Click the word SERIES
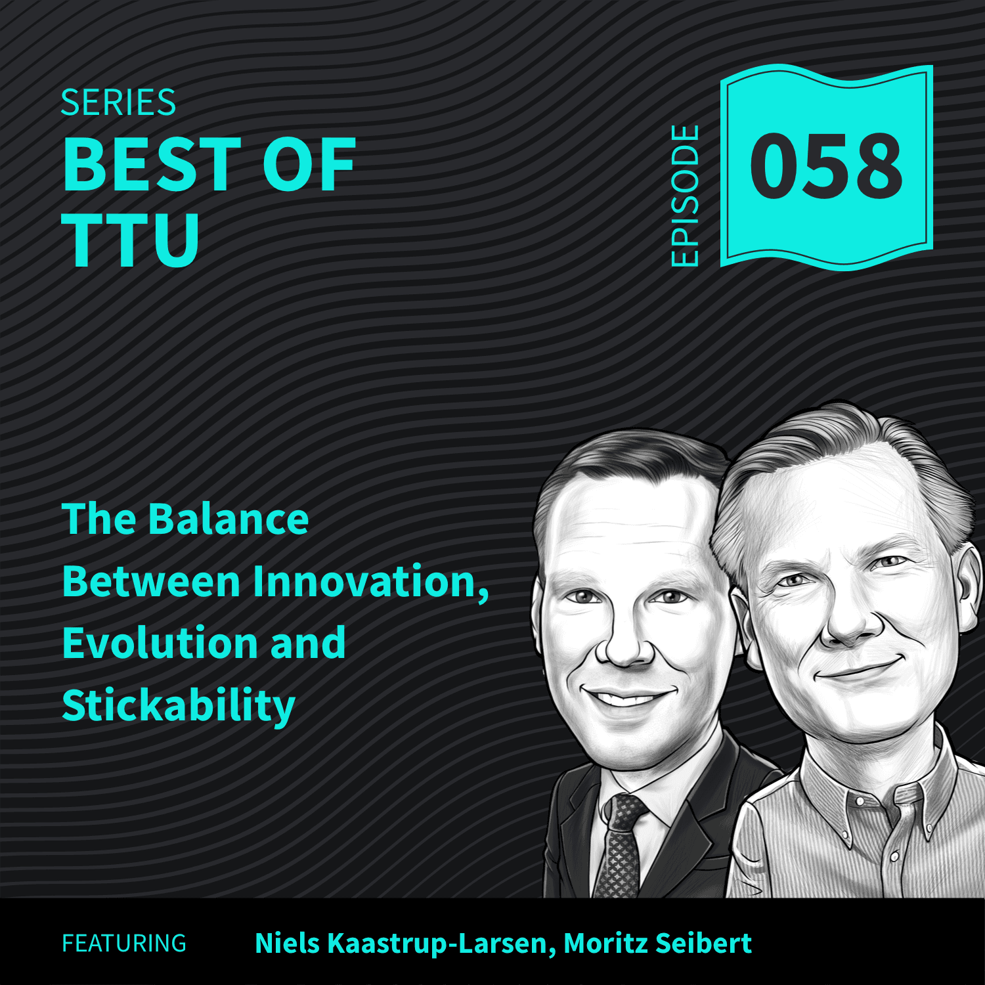point(118,103)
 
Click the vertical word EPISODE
point(686,196)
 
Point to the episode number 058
point(827,166)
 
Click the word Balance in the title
point(228,519)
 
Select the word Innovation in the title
point(370,582)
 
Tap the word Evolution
point(158,643)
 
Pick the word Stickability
point(179,707)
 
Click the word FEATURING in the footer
point(124,944)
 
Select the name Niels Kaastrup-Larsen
point(401,944)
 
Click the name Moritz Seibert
point(657,944)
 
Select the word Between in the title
point(152,582)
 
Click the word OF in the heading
point(309,165)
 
